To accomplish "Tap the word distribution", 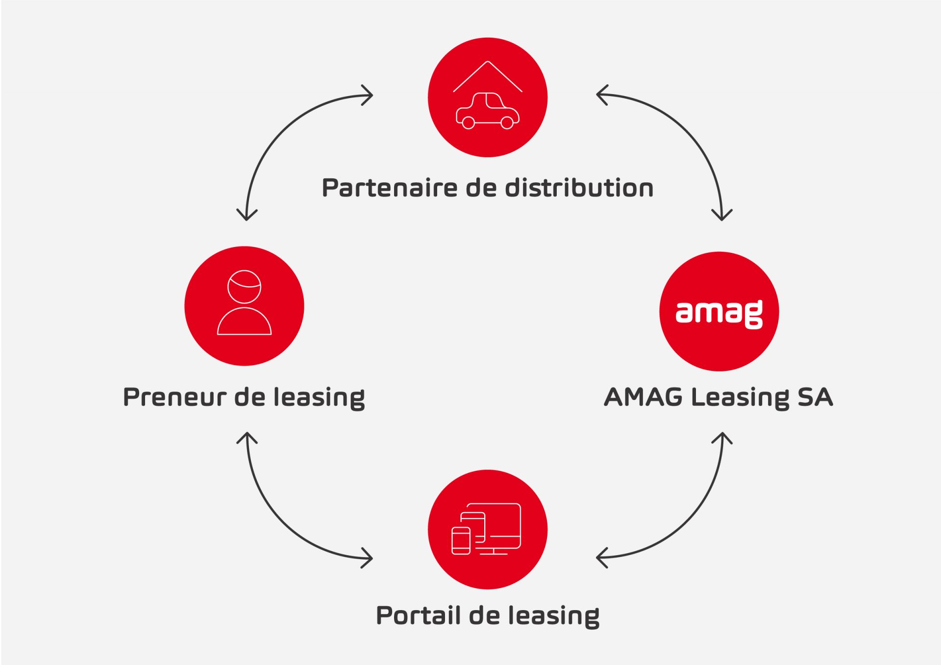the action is coord(579,187).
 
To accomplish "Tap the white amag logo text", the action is coord(719,314).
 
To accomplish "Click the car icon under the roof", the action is coord(487,111).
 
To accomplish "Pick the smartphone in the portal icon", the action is coord(461,541).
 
